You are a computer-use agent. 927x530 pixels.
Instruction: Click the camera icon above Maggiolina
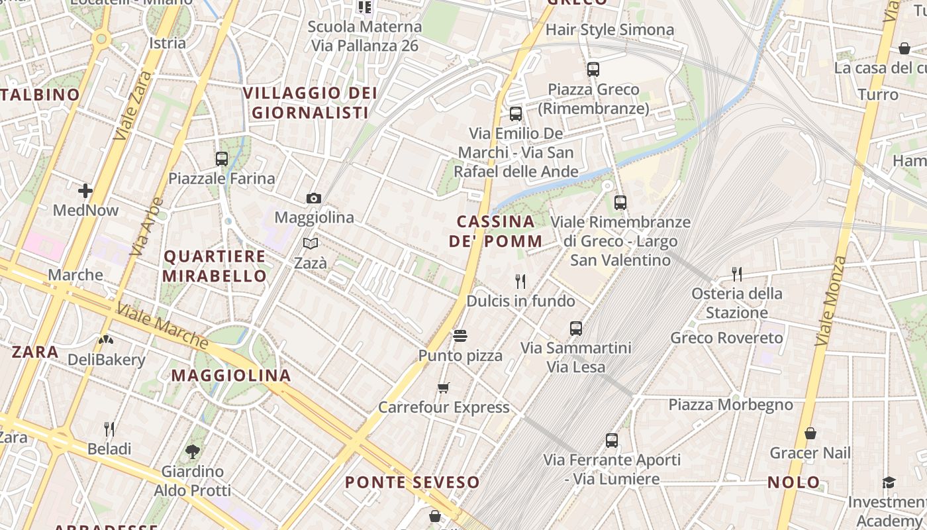coord(314,198)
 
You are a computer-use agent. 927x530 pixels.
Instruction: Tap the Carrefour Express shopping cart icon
coord(444,388)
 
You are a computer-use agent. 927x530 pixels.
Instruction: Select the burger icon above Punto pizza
coord(460,336)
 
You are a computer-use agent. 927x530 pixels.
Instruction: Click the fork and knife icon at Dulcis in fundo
coord(520,282)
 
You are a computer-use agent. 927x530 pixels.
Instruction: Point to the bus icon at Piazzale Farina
coord(222,159)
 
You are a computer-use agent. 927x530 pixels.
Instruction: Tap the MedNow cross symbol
coord(85,191)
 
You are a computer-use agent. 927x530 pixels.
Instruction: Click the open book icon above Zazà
coord(311,243)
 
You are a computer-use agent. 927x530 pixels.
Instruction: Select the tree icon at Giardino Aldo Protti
coord(193,452)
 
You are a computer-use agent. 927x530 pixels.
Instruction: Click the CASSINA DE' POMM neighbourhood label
coord(496,231)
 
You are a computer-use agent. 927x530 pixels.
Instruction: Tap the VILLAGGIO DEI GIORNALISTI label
coord(310,102)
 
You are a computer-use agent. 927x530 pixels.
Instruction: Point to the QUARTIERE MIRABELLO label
coord(215,266)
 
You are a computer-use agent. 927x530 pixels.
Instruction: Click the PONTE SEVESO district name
coord(412,482)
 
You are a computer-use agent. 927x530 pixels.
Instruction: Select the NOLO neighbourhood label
coord(794,482)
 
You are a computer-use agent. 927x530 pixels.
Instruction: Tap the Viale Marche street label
coord(162,327)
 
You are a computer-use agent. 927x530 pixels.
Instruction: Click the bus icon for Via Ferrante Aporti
coord(612,440)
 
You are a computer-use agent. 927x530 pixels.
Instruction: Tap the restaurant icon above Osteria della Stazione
coord(736,274)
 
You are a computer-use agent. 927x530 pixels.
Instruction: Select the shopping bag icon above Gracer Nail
coord(810,433)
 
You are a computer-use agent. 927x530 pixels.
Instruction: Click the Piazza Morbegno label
coord(730,404)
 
